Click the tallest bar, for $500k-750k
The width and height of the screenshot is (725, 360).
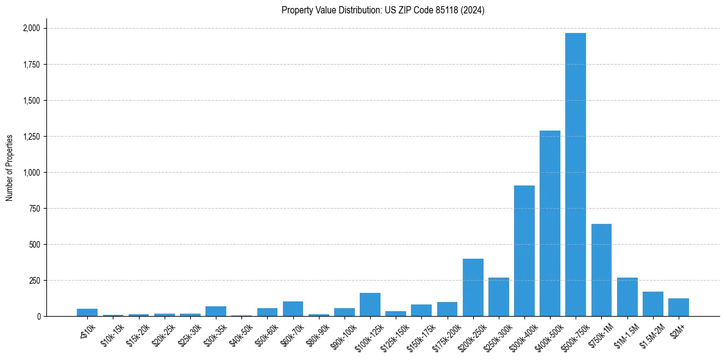pyautogui.click(x=576, y=175)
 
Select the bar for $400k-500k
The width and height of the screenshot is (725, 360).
pyautogui.click(x=550, y=223)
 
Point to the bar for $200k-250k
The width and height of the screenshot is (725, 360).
pyautogui.click(x=473, y=287)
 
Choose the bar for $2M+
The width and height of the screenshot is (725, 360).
pyautogui.click(x=679, y=308)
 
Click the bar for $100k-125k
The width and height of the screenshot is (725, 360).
pyautogui.click(x=370, y=304)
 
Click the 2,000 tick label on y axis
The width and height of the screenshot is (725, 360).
pyautogui.click(x=32, y=28)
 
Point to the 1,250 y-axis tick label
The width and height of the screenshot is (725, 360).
pyautogui.click(x=32, y=137)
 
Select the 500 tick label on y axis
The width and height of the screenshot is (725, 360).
pyautogui.click(x=35, y=245)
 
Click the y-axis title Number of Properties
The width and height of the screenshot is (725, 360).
pyautogui.click(x=10, y=168)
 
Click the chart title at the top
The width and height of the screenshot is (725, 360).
pyautogui.click(x=383, y=10)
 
